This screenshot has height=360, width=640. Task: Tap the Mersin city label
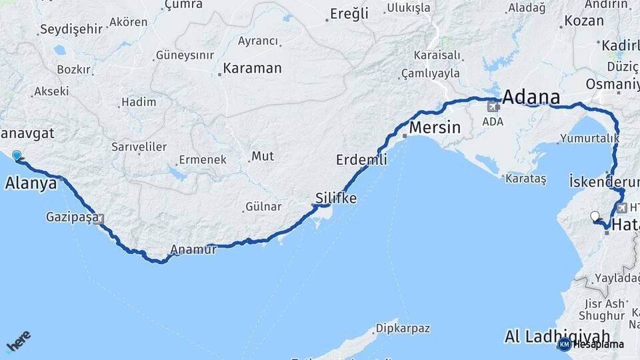(x=435, y=127)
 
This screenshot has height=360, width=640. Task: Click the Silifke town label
(x=336, y=198)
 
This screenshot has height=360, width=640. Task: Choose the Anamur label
(x=194, y=250)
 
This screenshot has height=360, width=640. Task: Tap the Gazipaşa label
(x=73, y=217)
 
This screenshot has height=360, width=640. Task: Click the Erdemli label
(x=361, y=160)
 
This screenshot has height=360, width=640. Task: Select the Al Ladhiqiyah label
(x=557, y=335)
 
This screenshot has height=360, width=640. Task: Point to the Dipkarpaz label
(x=403, y=328)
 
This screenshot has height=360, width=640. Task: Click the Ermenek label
(x=202, y=160)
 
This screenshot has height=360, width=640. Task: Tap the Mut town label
(x=261, y=157)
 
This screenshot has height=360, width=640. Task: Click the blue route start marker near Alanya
(x=17, y=155)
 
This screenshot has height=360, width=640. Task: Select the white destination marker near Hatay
(x=595, y=216)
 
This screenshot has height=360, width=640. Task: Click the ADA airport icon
(x=493, y=105)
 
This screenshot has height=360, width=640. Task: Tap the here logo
(x=18, y=343)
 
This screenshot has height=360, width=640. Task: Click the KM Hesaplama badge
(x=591, y=344)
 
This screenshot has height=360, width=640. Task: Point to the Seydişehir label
(x=71, y=29)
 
